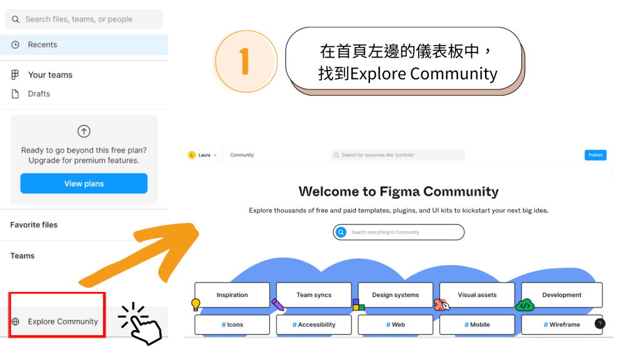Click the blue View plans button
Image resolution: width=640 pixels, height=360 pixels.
tap(84, 184)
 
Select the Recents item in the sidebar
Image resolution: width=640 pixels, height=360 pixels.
tap(42, 45)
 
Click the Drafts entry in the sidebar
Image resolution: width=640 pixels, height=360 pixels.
tap(39, 94)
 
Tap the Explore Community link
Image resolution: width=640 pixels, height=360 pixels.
tap(62, 322)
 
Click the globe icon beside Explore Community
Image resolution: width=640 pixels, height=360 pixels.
tap(16, 322)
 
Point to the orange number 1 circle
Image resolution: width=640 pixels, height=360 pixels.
tap(245, 61)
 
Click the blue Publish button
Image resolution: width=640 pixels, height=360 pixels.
tap(595, 155)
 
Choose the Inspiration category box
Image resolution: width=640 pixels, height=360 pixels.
tap(232, 295)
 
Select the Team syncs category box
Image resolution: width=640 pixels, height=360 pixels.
tap(314, 295)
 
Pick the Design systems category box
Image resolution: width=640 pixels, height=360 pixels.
tap(396, 295)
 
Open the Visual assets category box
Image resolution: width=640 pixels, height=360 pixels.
tap(477, 295)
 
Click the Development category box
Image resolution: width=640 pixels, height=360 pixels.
tap(561, 295)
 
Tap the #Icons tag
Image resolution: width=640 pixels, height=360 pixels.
tap(232, 325)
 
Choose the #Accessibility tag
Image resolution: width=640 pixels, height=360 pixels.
tap(314, 325)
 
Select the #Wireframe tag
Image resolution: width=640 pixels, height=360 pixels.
tap(561, 325)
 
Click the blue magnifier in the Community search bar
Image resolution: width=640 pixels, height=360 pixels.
tap(341, 232)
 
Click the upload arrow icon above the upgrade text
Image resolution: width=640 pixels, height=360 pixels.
tap(84, 131)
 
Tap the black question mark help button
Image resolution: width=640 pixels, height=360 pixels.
tap(600, 324)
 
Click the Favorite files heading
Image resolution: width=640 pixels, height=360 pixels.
tap(34, 225)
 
